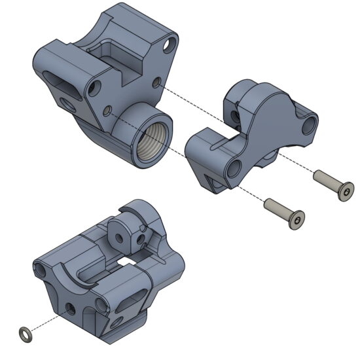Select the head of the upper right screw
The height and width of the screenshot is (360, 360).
coord(343,192)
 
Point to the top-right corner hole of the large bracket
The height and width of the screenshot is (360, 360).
coord(170,45)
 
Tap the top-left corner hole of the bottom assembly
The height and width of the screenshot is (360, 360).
coord(41,268)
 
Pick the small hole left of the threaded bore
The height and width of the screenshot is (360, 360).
coord(106,111)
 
